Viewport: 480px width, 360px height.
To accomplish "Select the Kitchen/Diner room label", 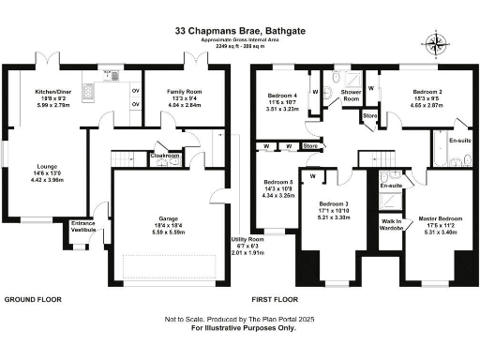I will point(53,92).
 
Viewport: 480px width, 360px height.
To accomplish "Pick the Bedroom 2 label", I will point(427,96).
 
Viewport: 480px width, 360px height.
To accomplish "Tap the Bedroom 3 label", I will point(335,203).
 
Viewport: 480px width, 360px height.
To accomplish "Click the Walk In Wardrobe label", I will point(393,225).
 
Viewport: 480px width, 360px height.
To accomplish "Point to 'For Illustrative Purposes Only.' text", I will point(243,329).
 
